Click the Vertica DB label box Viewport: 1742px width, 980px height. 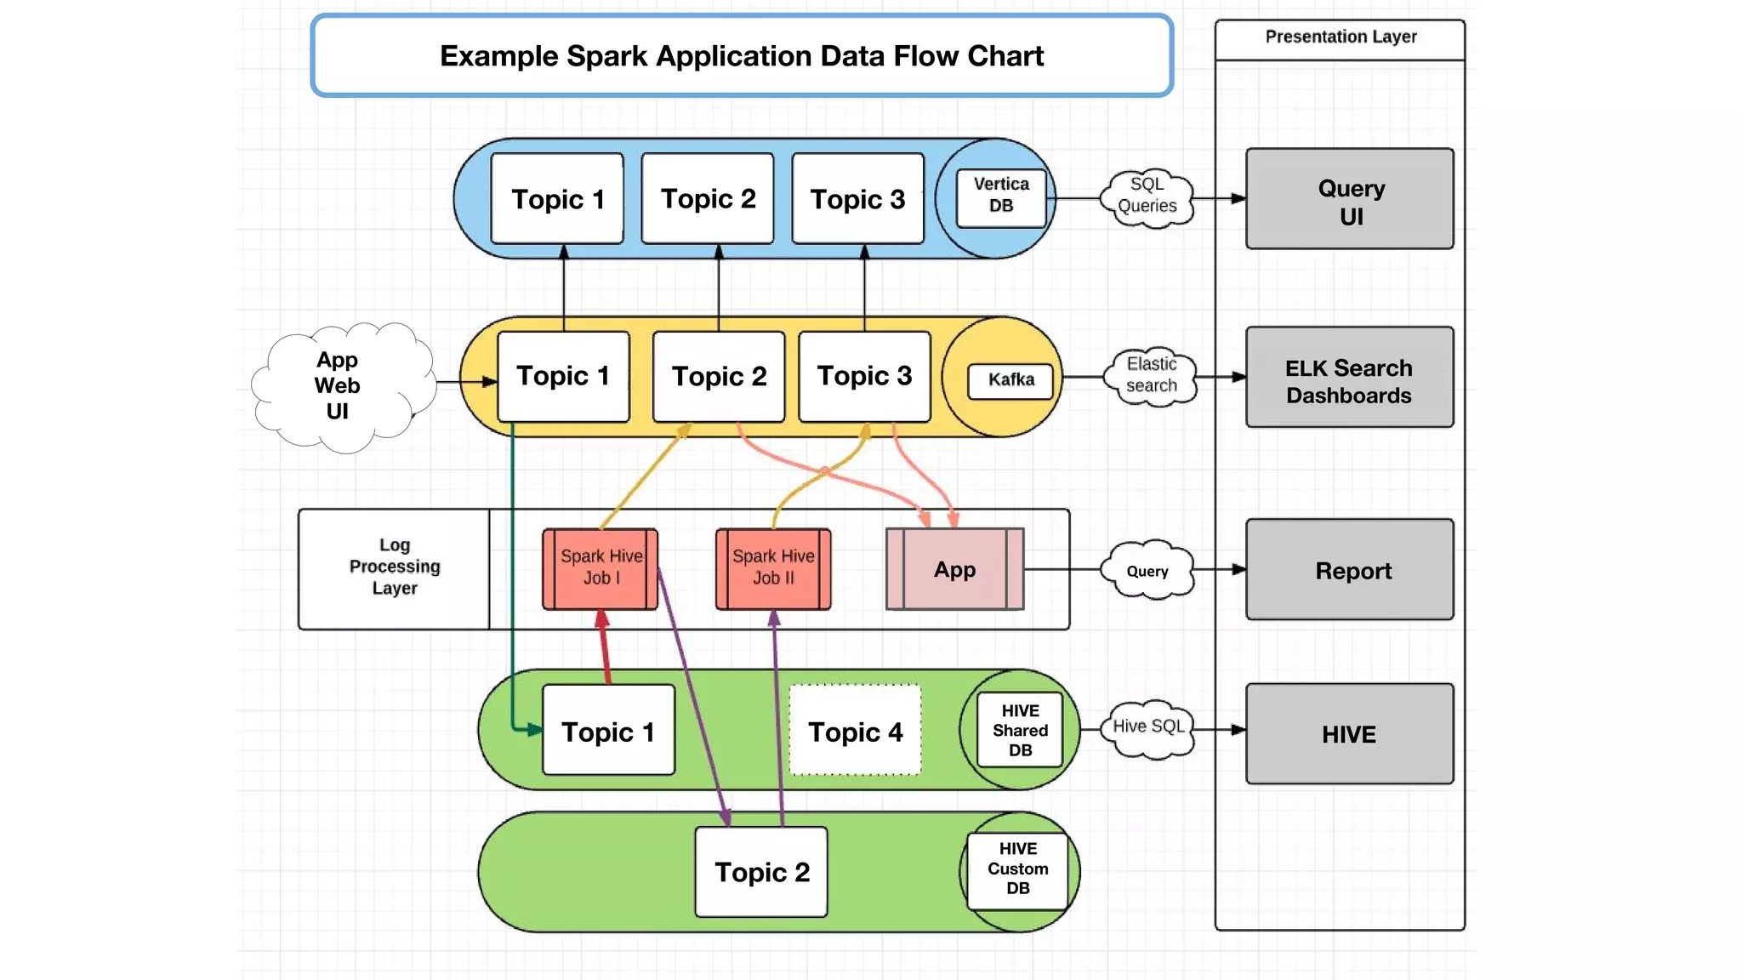1000,197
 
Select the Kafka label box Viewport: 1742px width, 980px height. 1010,380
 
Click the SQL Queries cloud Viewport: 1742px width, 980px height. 1147,197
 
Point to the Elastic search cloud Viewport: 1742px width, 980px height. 1151,376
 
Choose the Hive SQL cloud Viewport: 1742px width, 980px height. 1148,727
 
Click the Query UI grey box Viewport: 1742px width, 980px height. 1349,199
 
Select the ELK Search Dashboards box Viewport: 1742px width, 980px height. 1349,378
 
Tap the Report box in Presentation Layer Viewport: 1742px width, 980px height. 1349,570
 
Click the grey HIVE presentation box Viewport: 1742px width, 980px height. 1349,733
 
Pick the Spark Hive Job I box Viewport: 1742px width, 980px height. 601,568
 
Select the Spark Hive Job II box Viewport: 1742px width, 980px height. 773,568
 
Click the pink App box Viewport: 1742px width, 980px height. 954,569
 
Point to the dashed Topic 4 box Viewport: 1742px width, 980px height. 855,731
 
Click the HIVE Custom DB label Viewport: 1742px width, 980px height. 1017,869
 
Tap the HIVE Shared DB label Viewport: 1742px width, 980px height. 1019,731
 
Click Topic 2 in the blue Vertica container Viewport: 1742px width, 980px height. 708,199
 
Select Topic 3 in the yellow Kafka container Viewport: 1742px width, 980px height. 864,377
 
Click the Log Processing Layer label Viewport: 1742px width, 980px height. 395,567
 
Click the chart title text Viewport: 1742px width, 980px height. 742,56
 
